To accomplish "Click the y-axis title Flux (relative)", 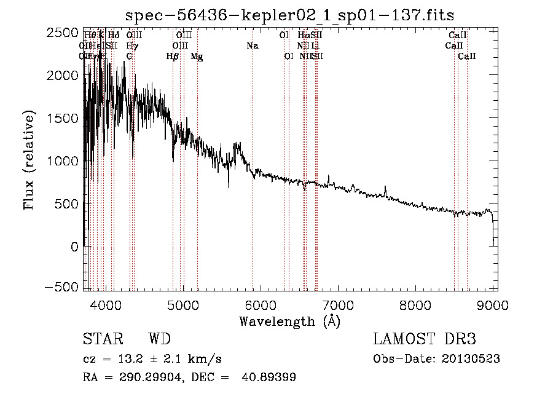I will pyautogui.click(x=29, y=160).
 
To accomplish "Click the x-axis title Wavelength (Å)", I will pyautogui.click(x=289, y=321).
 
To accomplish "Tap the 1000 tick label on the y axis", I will pyautogui.click(x=64, y=160).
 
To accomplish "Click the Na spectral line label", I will pyautogui.click(x=252, y=45).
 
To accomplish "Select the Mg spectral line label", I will pyautogui.click(x=197, y=57).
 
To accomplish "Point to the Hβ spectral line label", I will pyautogui.click(x=173, y=57).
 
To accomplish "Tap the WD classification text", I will pyautogui.click(x=159, y=339).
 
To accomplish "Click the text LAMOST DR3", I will pyautogui.click(x=424, y=339).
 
